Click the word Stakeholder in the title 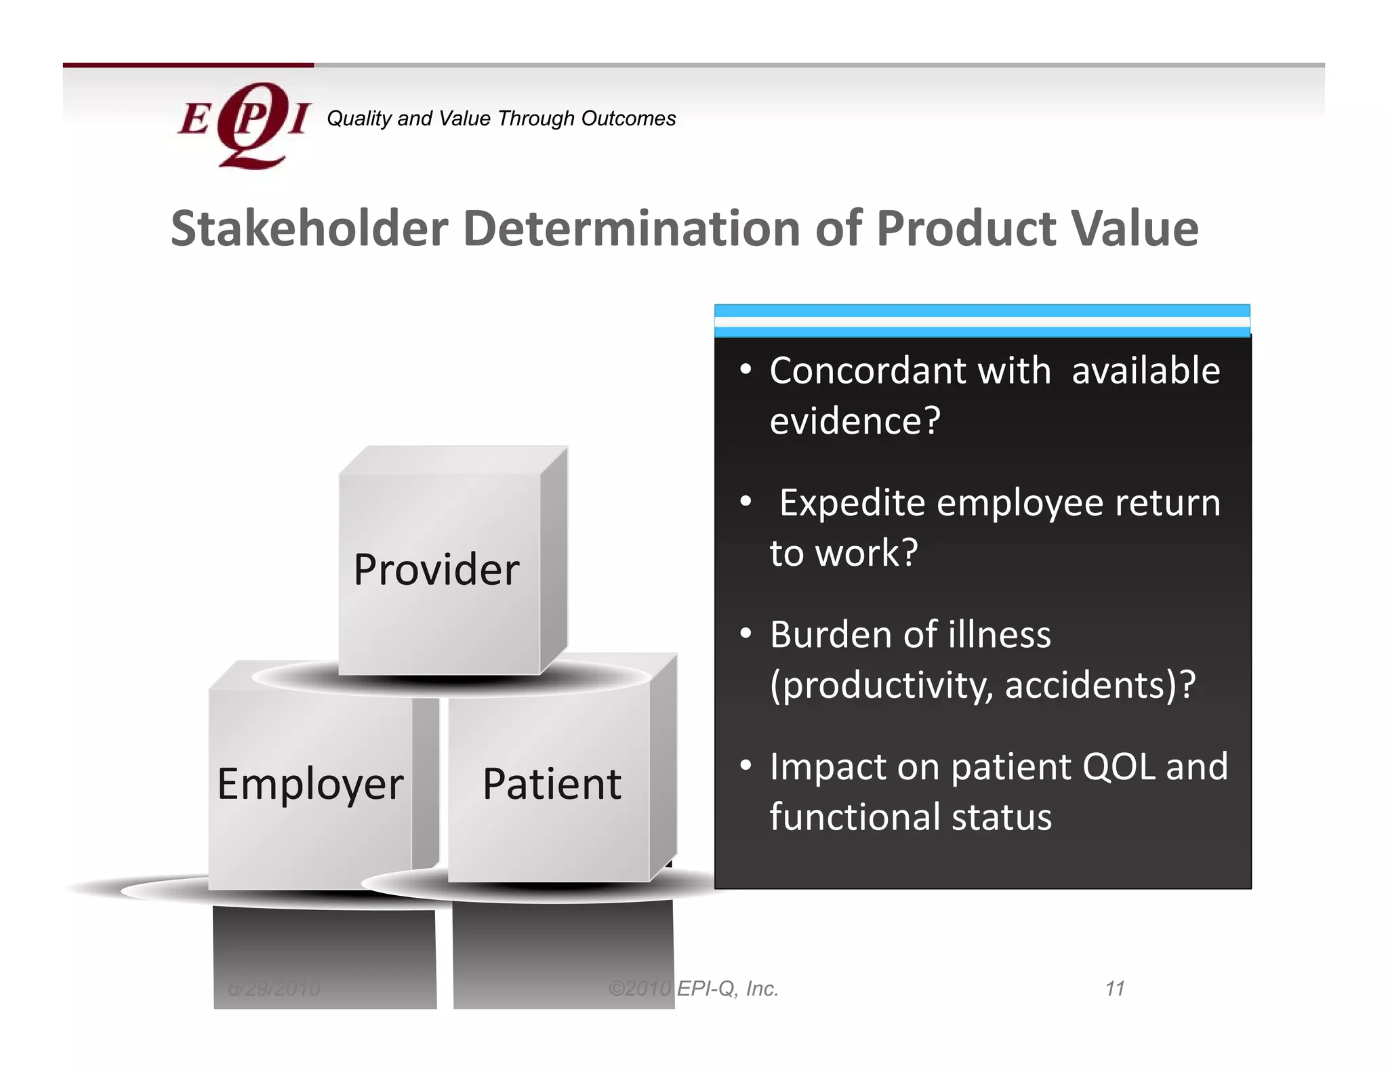point(309,228)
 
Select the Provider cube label point(436,569)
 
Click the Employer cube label point(310,785)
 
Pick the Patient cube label point(552,784)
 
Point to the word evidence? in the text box point(855,421)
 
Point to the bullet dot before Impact point(746,765)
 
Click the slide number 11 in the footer point(1115,989)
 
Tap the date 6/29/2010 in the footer point(274,989)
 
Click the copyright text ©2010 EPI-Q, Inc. point(693,989)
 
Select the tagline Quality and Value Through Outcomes point(501,119)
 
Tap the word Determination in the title point(632,228)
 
